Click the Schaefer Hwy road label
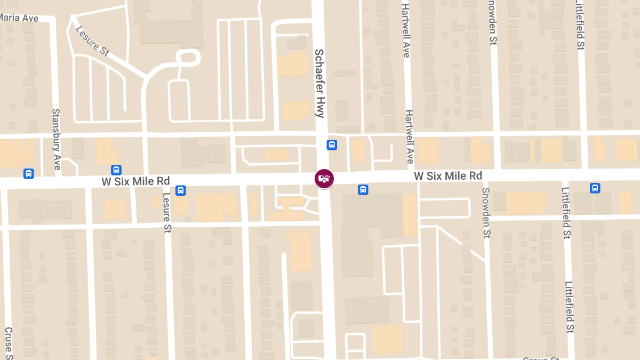pos(319,83)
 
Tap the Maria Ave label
pos(19,18)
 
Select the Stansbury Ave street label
pos(56,139)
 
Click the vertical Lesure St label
pos(167,212)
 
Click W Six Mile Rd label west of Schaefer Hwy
pos(135,181)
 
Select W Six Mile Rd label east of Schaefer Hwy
pos(448,175)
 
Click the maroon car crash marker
pos(324,178)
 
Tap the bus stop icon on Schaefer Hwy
pos(332,145)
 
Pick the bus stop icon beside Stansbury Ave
pos(29,173)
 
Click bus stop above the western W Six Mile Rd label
pos(116,170)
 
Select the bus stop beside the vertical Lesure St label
pos(181,190)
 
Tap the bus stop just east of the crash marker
pos(363,189)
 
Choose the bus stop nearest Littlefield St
pos(595,188)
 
